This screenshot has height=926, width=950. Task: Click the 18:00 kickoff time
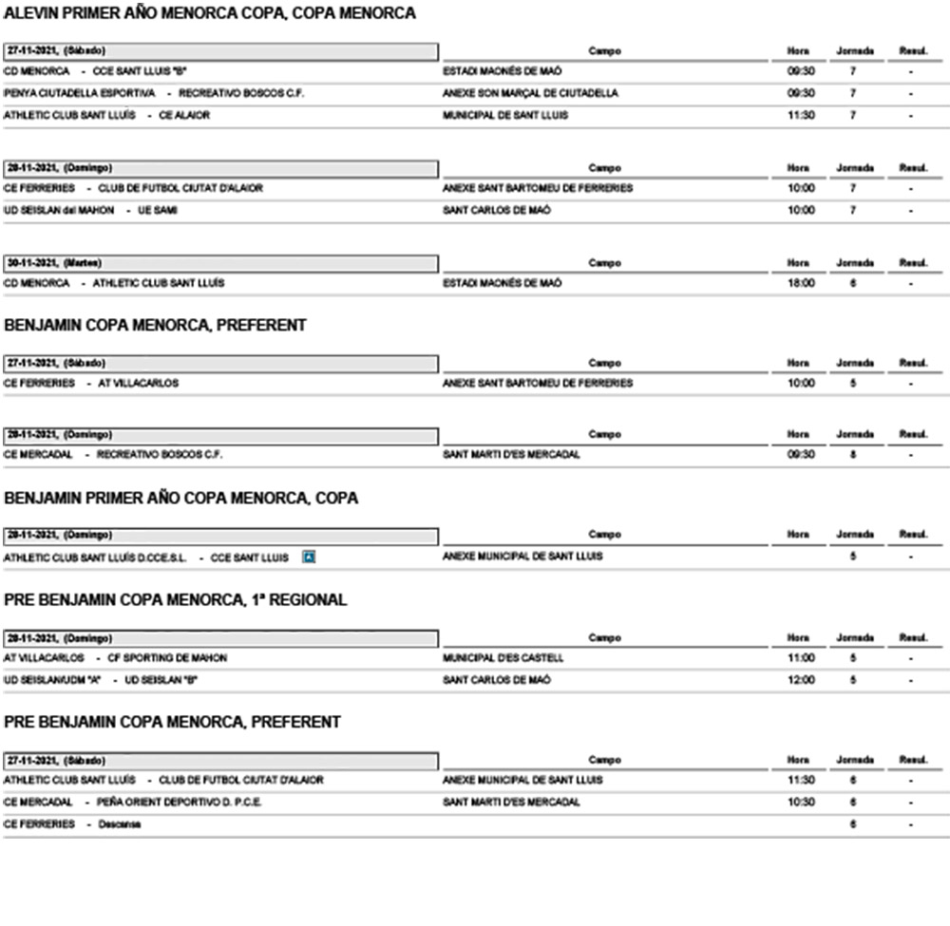coord(801,283)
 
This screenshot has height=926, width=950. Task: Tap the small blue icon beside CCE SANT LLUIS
coord(308,557)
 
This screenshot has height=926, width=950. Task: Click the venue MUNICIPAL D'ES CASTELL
coord(503,657)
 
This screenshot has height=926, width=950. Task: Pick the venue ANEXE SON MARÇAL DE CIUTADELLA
coord(530,93)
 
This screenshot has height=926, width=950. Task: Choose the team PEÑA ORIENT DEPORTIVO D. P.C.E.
coord(179,802)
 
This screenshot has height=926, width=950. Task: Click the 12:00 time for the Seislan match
coord(801,680)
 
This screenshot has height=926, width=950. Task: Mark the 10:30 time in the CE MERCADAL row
coord(801,802)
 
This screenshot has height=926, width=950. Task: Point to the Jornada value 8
coord(853,454)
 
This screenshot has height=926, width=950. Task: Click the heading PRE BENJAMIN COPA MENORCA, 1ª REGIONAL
coord(176,600)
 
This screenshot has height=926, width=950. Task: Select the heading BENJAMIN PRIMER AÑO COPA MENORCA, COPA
coord(181,498)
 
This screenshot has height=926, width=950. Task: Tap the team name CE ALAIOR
coord(184,115)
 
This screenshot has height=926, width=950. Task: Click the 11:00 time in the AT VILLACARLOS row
coord(801,657)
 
